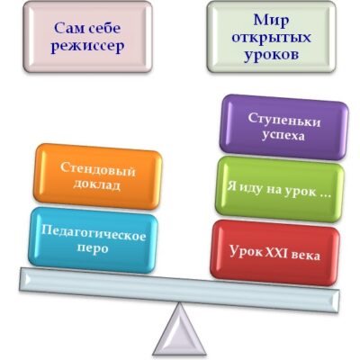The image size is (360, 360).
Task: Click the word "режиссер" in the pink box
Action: point(87,47)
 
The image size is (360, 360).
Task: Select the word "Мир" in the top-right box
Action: point(271,21)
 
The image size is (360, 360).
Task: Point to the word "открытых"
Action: point(271,38)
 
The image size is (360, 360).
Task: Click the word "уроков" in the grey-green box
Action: point(271,55)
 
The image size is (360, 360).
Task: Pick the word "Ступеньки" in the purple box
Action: point(284,120)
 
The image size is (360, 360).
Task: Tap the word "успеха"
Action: point(283,136)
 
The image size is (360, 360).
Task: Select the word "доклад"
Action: point(96,184)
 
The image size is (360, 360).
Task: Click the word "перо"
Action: point(93,248)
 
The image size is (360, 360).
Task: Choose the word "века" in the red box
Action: point(308,256)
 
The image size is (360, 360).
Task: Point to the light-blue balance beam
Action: point(179,290)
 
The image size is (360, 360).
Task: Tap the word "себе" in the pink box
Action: point(104,28)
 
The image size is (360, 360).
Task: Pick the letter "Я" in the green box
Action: point(230,186)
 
